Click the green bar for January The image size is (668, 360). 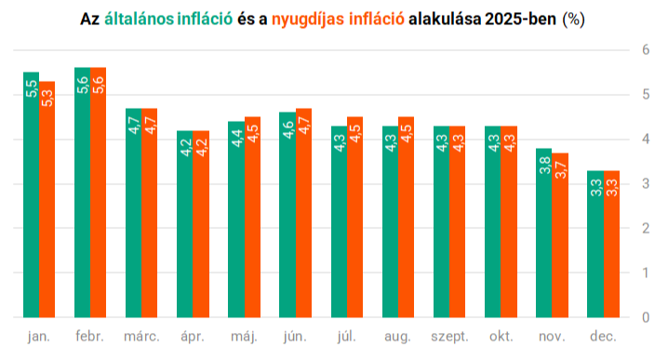31,194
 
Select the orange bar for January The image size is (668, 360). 47,199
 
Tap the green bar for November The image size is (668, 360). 544,233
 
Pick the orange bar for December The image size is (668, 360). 611,244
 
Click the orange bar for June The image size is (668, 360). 303,213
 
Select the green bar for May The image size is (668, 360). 236,220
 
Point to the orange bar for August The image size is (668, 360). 406,218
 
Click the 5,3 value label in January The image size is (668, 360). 47,98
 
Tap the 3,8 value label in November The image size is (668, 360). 544,166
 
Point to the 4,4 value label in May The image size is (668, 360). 236,139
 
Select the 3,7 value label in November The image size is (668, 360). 561,170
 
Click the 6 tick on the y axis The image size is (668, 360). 646,50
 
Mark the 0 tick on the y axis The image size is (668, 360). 646,317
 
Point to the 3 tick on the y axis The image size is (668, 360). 646,183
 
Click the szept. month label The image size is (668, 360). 449,337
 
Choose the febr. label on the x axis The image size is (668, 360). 90,336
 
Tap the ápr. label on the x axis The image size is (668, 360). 193,337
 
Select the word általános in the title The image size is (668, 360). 139,19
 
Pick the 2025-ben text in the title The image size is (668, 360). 520,19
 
